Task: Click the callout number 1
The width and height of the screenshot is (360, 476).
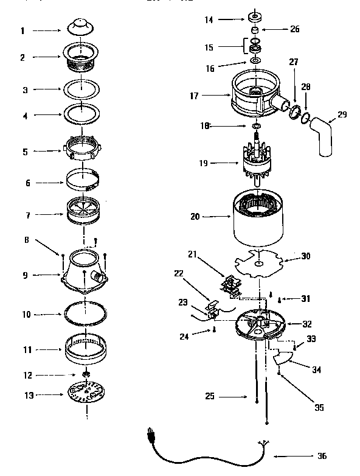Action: click(23, 30)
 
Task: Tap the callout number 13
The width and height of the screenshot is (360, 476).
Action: click(27, 395)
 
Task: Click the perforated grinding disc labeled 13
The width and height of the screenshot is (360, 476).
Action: click(85, 395)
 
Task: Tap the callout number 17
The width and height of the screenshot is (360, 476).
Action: click(195, 95)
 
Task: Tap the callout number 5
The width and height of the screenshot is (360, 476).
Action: click(24, 152)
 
